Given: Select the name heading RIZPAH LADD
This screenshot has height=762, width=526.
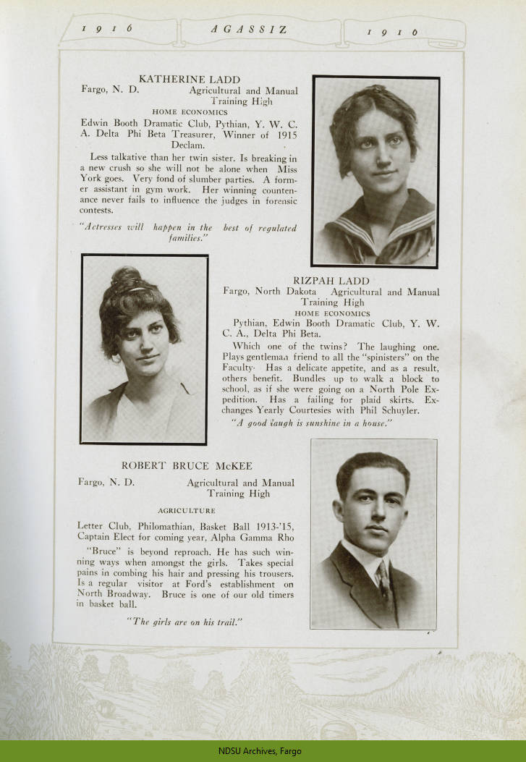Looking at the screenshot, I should (331, 280).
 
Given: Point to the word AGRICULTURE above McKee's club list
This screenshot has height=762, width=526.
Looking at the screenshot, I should (186, 510).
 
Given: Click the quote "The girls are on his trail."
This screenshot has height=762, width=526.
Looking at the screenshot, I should (183, 622).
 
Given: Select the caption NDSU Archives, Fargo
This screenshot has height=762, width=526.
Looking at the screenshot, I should (262, 751).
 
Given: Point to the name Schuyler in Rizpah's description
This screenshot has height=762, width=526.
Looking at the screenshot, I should (396, 411).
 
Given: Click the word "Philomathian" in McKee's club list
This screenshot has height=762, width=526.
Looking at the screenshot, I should (156, 536).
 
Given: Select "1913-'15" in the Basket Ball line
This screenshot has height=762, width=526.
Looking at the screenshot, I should (271, 536).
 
